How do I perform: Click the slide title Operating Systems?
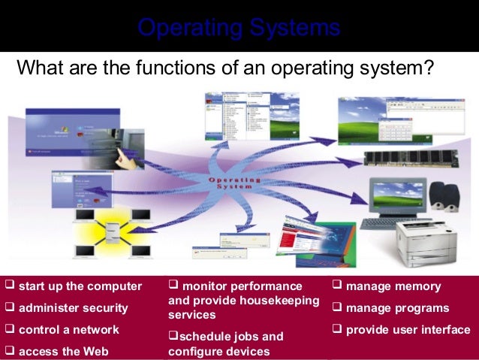(x=239, y=29)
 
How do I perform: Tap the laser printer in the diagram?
(x=426, y=241)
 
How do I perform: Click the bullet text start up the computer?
(x=80, y=286)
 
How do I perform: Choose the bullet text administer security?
(x=73, y=307)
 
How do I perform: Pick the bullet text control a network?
(x=68, y=329)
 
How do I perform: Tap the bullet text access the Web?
(x=63, y=350)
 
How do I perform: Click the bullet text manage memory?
(x=393, y=286)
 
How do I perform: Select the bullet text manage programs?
(x=397, y=307)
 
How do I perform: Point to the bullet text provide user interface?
(x=408, y=329)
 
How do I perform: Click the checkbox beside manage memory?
(x=337, y=286)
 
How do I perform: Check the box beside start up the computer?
(x=10, y=286)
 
